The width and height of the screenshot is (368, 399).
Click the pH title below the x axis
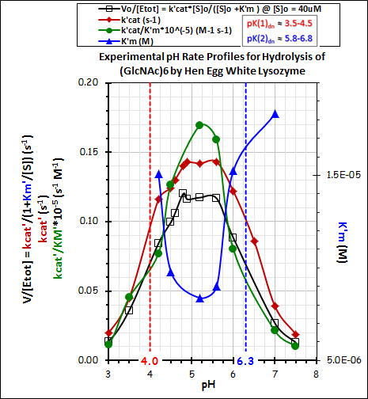tap(212, 386)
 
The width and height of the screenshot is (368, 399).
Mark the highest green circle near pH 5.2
tap(199, 125)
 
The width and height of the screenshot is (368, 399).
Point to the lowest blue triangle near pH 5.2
tap(199, 298)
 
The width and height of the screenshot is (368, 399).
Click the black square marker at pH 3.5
tap(129, 310)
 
